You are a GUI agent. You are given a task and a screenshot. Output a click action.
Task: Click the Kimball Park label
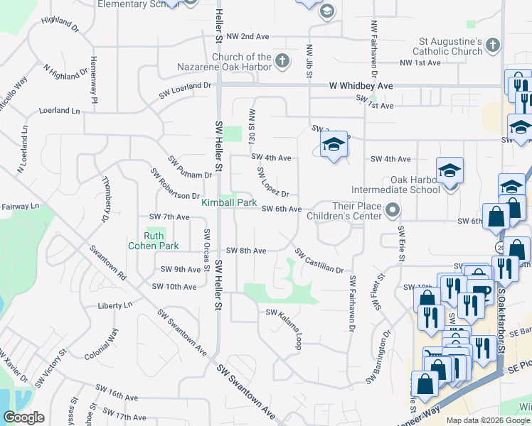point(228,202)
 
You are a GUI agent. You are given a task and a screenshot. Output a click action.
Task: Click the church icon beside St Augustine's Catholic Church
point(493,47)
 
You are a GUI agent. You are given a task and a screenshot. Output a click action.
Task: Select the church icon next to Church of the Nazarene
point(282,60)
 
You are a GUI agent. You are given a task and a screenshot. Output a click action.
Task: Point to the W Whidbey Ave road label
point(361,86)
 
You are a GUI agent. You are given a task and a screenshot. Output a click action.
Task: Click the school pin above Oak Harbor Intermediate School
point(449,171)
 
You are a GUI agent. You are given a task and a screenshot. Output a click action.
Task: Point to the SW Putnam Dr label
point(190,168)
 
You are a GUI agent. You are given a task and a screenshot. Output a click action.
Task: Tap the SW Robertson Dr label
point(175,185)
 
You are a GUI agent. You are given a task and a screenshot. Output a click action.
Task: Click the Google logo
point(23,417)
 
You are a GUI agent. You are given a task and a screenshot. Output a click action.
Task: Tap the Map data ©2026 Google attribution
point(486,420)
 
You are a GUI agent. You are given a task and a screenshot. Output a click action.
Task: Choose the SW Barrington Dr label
point(379,357)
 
